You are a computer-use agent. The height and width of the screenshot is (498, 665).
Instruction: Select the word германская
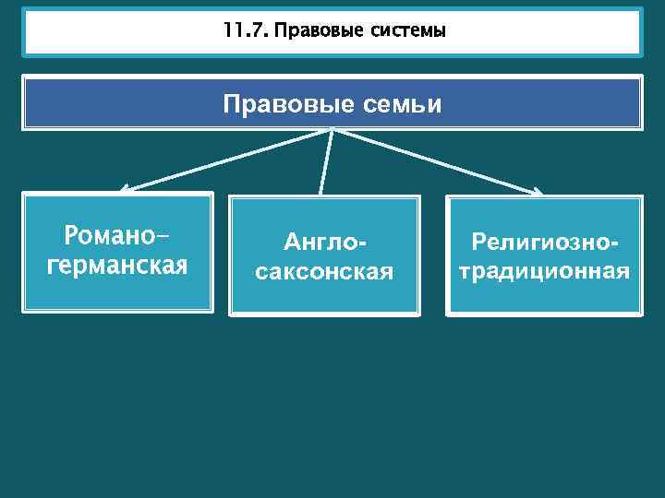pos(116,266)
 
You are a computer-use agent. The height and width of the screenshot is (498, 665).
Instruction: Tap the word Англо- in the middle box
pos(324,243)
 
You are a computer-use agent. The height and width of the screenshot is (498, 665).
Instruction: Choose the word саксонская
pos(323,272)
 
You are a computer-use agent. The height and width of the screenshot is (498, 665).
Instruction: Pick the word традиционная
pos(544,272)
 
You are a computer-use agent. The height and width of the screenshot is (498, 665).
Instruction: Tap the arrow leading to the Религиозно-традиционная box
pos(434,160)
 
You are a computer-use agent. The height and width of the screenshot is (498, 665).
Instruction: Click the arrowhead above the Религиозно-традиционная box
pos(538,192)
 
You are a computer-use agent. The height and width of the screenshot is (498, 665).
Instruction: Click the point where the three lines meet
pos(331,130)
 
